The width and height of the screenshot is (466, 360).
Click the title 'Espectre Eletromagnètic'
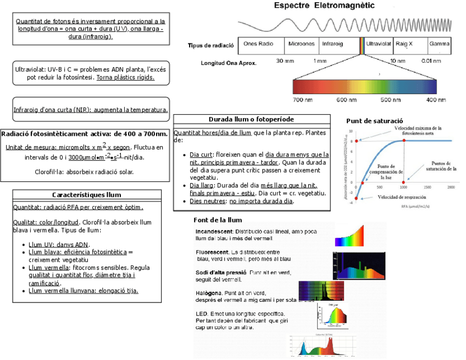click(x=324, y=6)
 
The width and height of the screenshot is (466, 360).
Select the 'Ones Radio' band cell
click(x=258, y=43)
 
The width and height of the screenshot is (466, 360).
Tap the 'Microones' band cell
click(x=301, y=43)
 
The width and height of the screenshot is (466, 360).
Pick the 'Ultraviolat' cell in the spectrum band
click(x=379, y=43)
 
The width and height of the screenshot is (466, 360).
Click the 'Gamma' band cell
click(x=440, y=43)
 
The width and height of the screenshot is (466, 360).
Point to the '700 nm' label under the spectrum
click(x=303, y=100)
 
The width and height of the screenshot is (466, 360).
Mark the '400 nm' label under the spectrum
click(x=436, y=100)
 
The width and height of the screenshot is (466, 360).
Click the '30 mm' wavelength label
click(x=285, y=60)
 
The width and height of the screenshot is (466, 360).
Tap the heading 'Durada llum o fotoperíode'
click(x=251, y=119)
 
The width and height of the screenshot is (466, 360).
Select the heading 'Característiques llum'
click(x=87, y=195)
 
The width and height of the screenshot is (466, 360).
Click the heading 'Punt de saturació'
click(x=375, y=121)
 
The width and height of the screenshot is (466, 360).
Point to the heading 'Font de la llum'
click(x=218, y=220)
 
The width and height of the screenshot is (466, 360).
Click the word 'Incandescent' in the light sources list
click(x=214, y=231)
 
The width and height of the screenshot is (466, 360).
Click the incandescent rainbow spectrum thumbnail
click(x=349, y=236)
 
